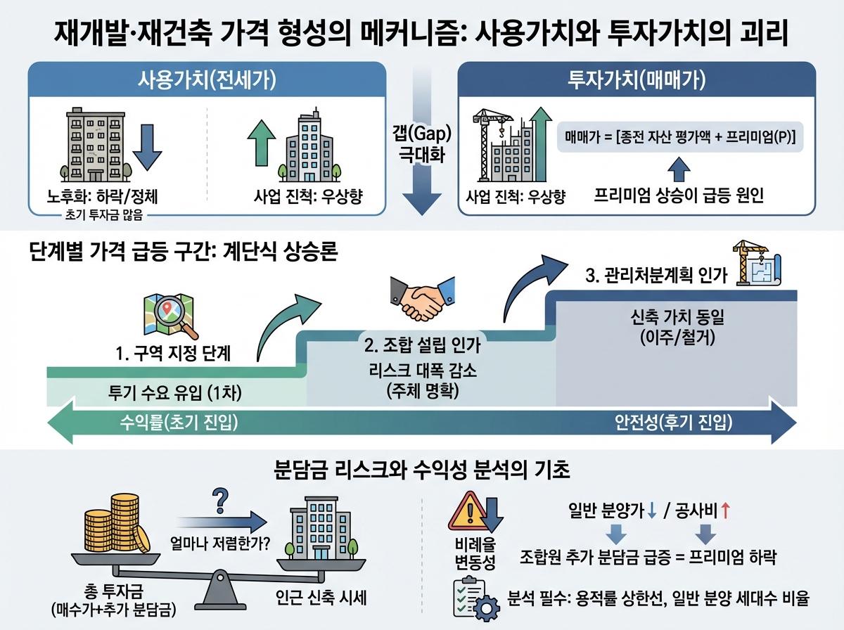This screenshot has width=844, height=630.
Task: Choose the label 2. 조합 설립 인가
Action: coord(422,345)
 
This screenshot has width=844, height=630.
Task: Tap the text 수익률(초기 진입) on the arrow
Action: coord(177,423)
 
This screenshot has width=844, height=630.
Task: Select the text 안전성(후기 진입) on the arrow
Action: coord(674,423)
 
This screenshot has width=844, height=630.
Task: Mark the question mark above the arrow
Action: coord(219,502)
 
